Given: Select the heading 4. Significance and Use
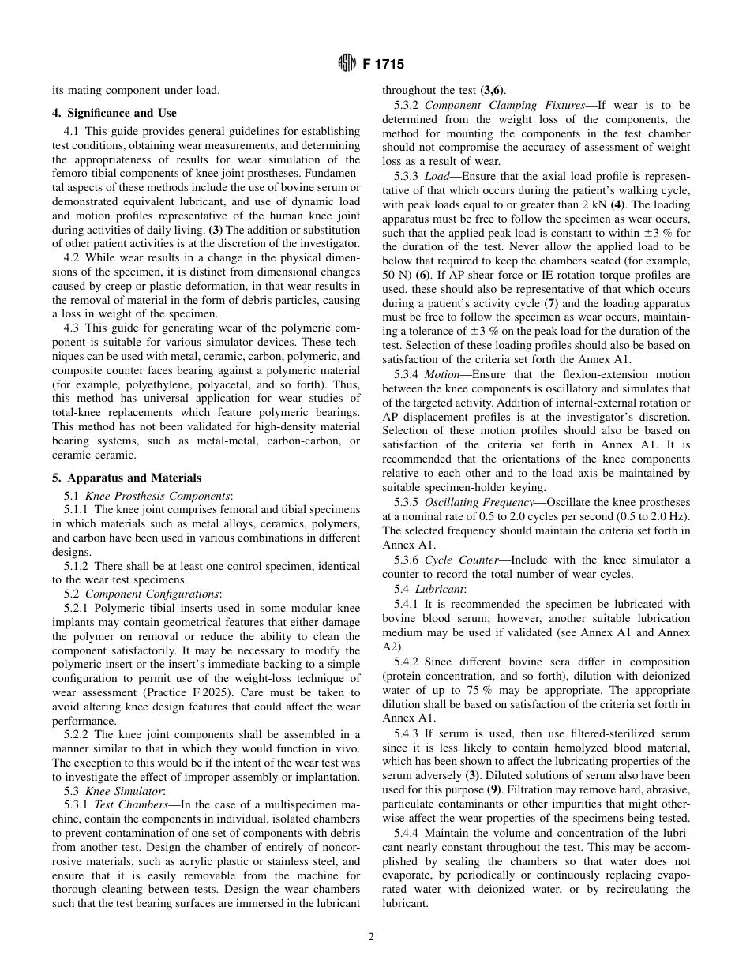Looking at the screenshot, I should (x=122, y=113).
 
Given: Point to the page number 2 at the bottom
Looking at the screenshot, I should (x=371, y=937).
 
